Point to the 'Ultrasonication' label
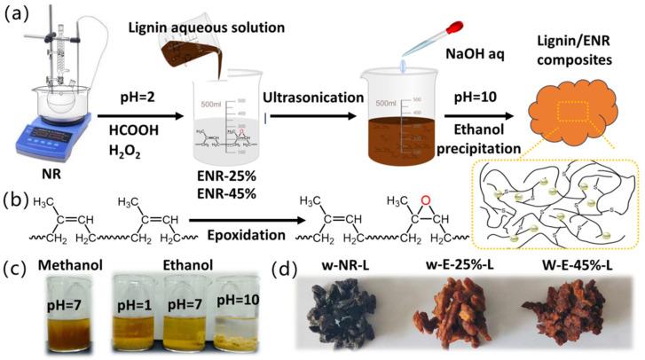[x=303, y=88]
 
